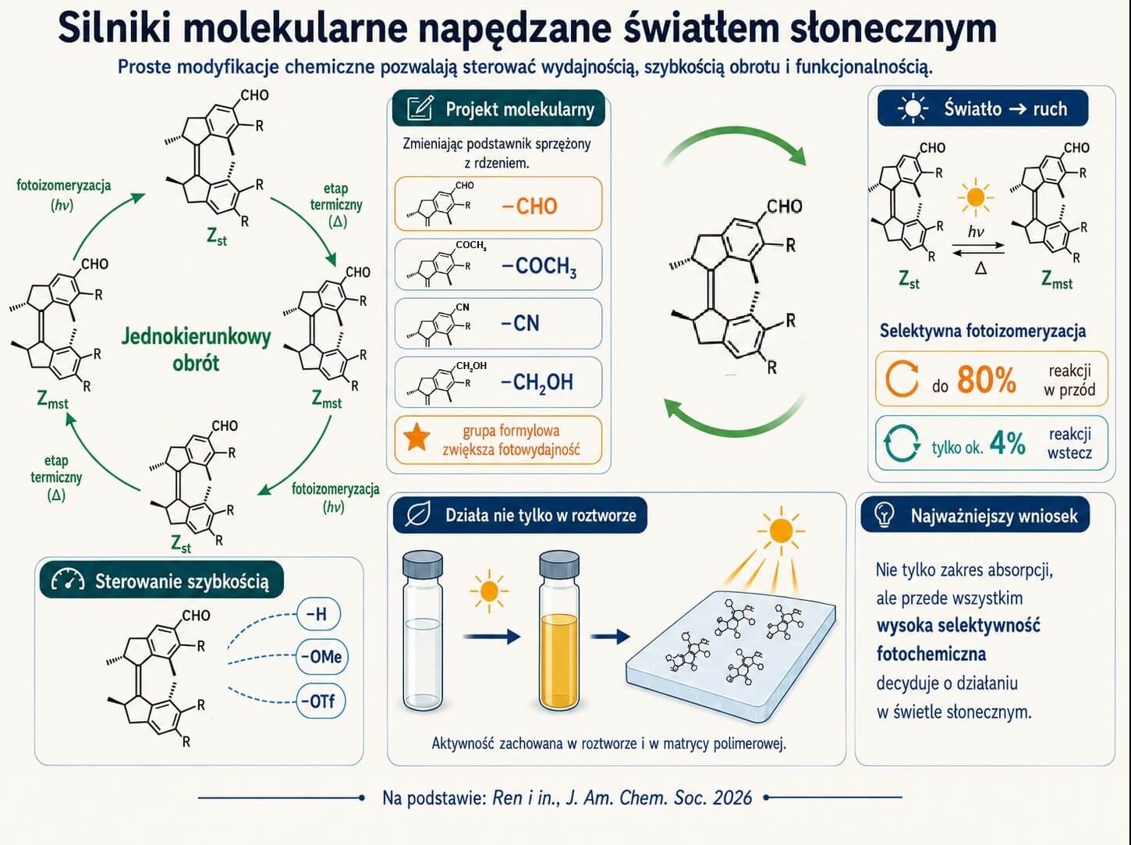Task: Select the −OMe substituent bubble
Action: [x=321, y=657]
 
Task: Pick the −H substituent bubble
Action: [x=318, y=613]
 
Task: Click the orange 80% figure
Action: [x=986, y=380]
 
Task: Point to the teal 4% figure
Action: [x=1008, y=443]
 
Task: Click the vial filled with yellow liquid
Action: [x=559, y=630]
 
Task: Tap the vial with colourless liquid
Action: [x=423, y=630]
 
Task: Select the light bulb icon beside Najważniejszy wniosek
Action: [x=885, y=515]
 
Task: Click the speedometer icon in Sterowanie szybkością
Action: [x=68, y=580]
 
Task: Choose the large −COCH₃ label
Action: [x=539, y=267]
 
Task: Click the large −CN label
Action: [x=520, y=324]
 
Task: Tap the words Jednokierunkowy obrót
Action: [x=196, y=350]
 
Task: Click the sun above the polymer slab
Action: [x=781, y=531]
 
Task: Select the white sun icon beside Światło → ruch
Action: [x=913, y=108]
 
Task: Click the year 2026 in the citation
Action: [x=732, y=797]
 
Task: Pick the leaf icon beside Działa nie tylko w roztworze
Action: [x=418, y=515]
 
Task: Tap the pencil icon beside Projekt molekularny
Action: [x=420, y=108]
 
